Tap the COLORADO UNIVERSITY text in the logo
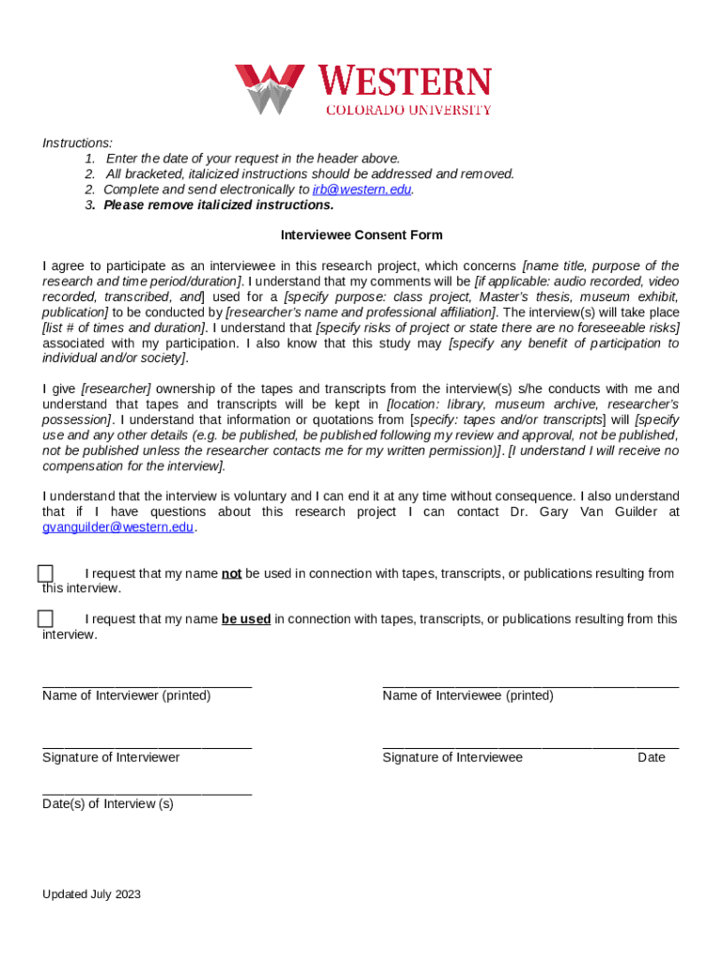click(x=408, y=110)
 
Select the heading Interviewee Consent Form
click(x=361, y=236)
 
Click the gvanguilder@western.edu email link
click(x=118, y=527)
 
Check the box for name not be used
click(x=45, y=573)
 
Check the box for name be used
click(x=45, y=619)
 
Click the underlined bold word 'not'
click(x=232, y=573)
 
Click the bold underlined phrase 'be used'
click(x=246, y=619)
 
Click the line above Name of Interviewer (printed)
click(x=146, y=687)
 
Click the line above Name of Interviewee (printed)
click(x=531, y=687)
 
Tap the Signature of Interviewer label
click(x=111, y=757)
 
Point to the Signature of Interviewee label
click(x=453, y=757)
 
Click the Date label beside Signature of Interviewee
click(x=651, y=757)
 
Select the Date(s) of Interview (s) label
click(x=108, y=804)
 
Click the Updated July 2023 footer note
click(x=91, y=894)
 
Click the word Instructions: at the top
click(x=77, y=143)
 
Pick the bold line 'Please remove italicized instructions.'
click(x=219, y=205)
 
